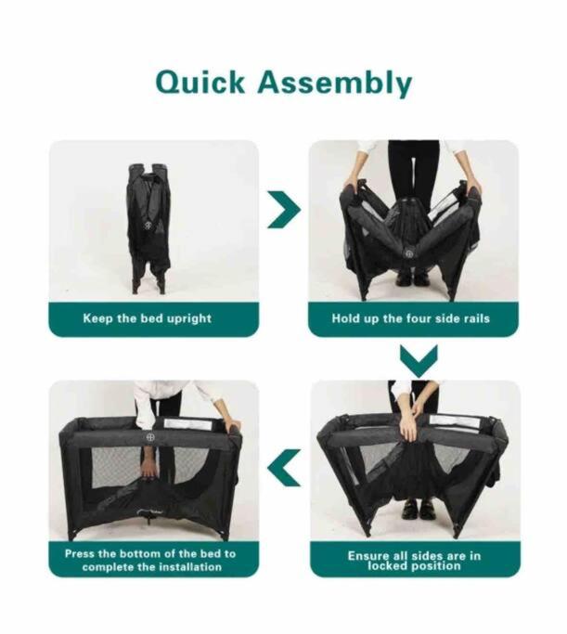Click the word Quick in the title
200,83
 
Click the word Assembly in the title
335,84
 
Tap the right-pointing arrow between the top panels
284,211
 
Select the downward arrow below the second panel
419,361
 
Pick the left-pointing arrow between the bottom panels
284,468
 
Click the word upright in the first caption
188,318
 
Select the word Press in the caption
80,553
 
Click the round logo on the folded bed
149,225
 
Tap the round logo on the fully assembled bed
150,438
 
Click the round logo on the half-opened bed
409,252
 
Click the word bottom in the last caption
140,553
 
